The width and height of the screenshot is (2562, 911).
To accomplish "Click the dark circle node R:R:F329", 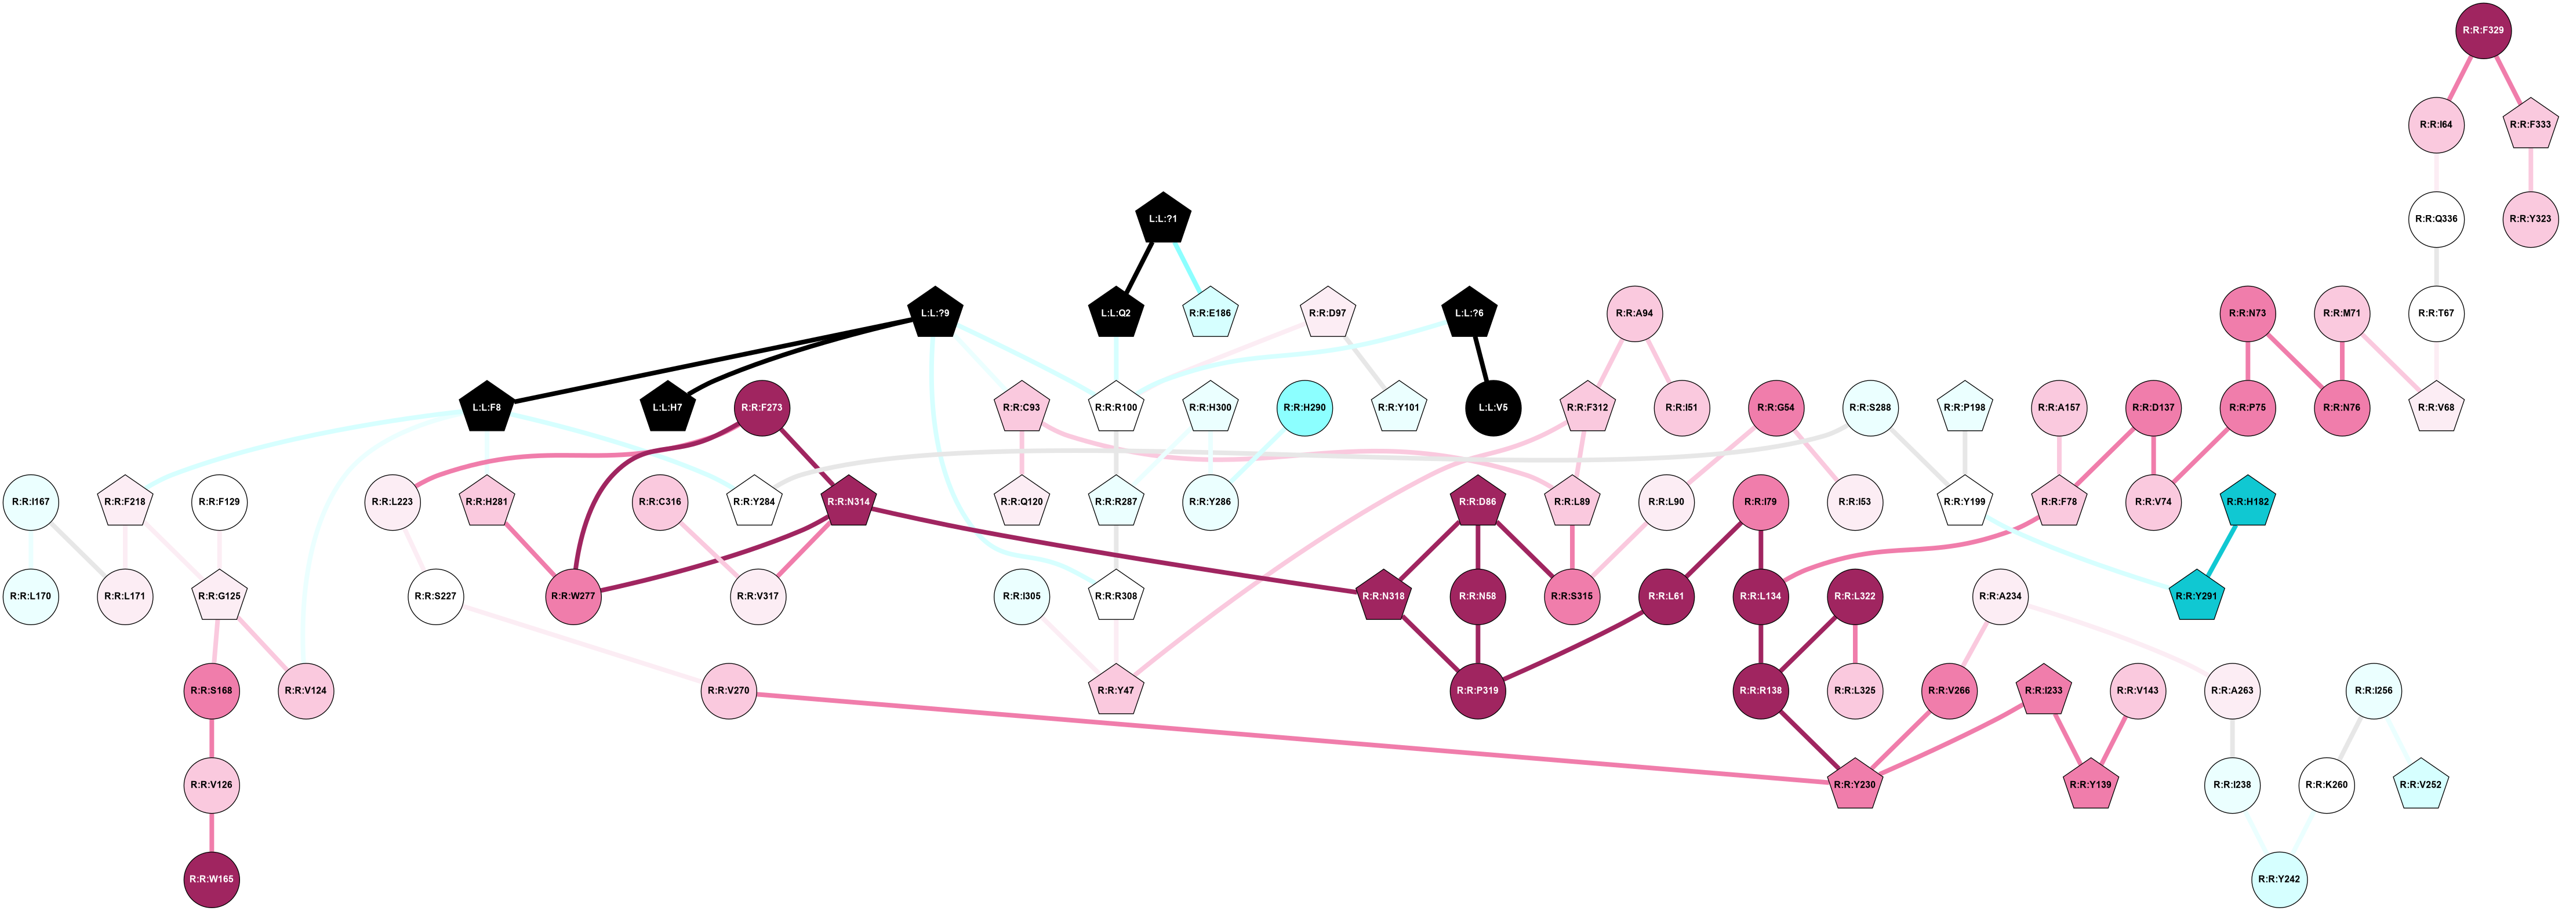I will tap(2483, 31).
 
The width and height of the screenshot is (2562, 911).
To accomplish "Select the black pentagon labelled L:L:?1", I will tap(1162, 219).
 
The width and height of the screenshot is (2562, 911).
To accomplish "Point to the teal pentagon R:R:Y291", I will tap(2195, 597).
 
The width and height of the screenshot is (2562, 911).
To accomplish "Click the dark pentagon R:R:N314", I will tap(848, 502).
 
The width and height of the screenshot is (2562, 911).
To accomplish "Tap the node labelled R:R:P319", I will tap(1477, 690).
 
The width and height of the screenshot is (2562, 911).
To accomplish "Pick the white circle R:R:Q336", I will tap(2436, 219).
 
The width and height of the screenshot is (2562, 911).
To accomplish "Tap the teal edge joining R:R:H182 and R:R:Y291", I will tap(2222, 549).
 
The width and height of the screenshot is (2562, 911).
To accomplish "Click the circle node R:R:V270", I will tap(729, 690).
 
